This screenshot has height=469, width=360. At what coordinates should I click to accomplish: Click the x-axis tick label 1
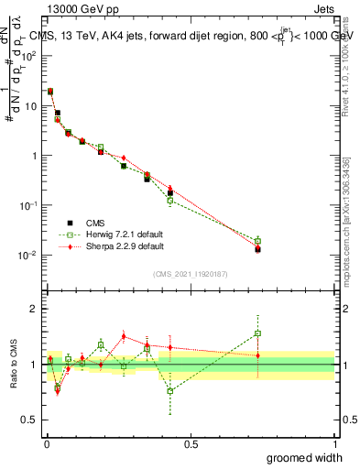pyautogui.click(x=334, y=444)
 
